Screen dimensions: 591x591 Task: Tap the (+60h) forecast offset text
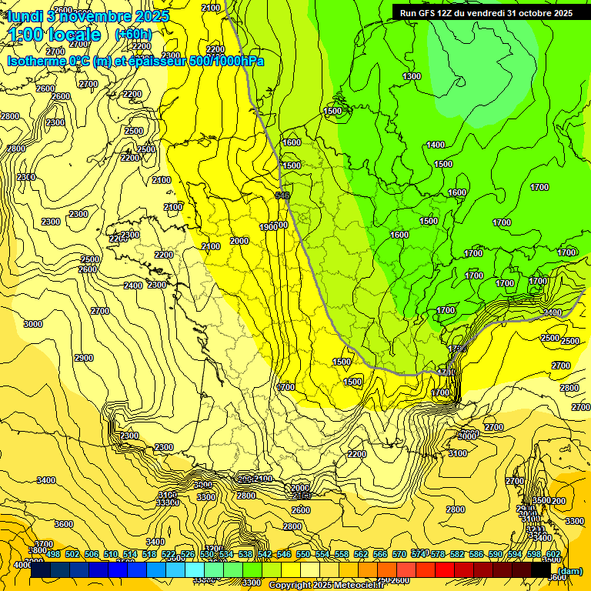tap(133, 35)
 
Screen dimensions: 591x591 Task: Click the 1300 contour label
tap(412, 76)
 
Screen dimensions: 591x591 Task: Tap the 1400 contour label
tap(436, 145)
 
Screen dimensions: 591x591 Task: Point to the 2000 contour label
tap(239, 241)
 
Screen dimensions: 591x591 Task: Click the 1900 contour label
tap(268, 227)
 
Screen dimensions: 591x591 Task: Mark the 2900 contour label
tap(84, 358)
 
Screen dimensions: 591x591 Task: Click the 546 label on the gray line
tap(282, 196)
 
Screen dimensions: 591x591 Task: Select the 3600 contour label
tap(64, 524)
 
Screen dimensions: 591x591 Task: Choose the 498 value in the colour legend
tap(53, 554)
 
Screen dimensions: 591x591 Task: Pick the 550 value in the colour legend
tap(303, 554)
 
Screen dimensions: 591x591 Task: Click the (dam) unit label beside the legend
tap(570, 570)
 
